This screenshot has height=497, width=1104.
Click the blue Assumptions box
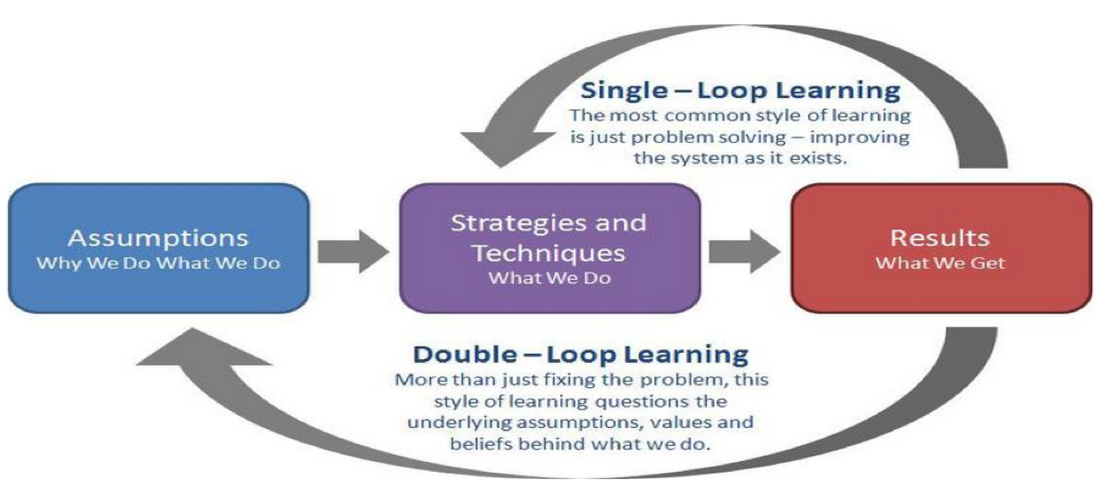(x=159, y=248)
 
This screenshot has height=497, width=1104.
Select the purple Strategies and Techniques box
(x=549, y=248)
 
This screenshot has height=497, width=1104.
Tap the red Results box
(x=941, y=248)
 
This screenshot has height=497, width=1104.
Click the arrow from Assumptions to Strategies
(x=353, y=251)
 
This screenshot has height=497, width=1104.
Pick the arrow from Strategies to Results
(x=744, y=251)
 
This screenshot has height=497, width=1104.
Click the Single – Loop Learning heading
(x=740, y=91)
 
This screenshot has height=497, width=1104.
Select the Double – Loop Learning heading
(x=581, y=354)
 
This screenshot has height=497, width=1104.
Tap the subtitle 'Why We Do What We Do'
(x=159, y=263)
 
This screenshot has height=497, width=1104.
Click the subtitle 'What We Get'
(x=940, y=263)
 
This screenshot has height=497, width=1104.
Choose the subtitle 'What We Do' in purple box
(x=549, y=278)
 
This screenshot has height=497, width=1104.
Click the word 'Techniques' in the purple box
(x=548, y=254)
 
